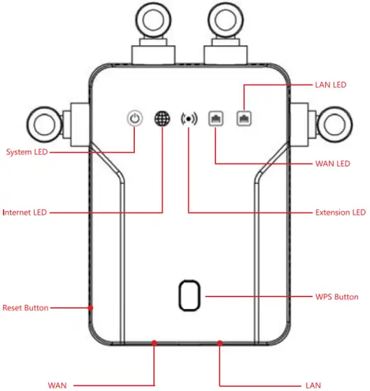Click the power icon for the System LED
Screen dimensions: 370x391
[135, 118]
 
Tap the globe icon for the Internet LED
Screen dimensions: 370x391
[163, 118]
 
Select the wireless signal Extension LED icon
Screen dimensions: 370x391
[189, 119]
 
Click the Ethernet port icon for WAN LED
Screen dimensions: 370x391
[216, 118]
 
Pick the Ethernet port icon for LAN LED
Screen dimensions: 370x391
[244, 118]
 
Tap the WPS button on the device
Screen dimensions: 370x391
[190, 296]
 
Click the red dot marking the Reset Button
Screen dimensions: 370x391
[91, 308]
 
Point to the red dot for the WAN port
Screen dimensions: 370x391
[154, 343]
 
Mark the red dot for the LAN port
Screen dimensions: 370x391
[219, 343]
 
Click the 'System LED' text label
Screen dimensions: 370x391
[27, 152]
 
